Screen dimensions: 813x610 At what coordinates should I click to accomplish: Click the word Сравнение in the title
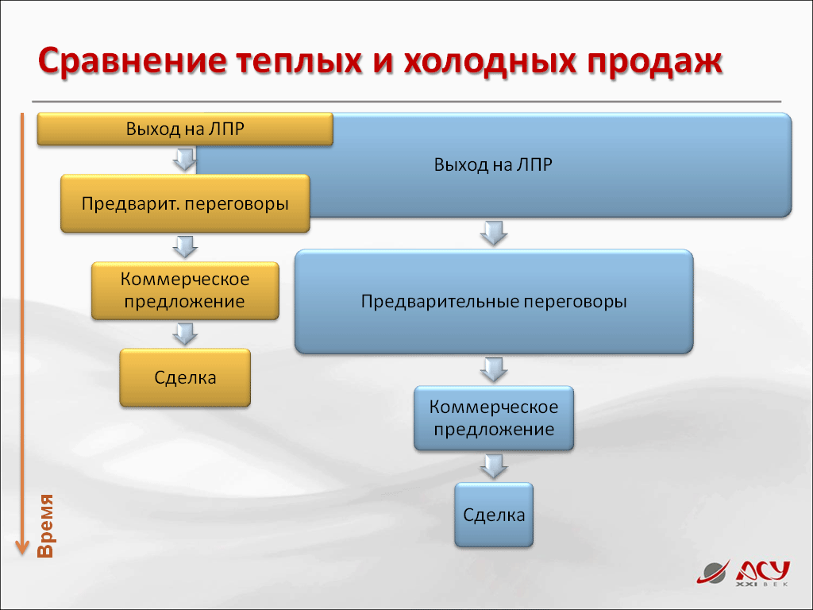pyautogui.click(x=133, y=60)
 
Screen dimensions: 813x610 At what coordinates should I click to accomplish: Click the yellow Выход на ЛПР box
pyautogui.click(x=185, y=129)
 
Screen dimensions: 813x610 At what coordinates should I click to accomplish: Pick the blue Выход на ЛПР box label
pyautogui.click(x=493, y=164)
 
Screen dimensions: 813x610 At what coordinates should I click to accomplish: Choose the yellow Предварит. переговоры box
pyautogui.click(x=185, y=203)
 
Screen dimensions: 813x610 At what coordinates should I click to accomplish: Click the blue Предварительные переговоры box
pyautogui.click(x=494, y=301)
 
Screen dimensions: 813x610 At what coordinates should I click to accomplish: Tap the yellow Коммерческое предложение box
pyautogui.click(x=185, y=291)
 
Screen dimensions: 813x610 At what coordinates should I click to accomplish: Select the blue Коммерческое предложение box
pyautogui.click(x=494, y=418)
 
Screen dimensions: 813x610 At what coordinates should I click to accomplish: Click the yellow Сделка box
pyautogui.click(x=185, y=377)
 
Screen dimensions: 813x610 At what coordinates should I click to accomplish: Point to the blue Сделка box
pyautogui.click(x=494, y=515)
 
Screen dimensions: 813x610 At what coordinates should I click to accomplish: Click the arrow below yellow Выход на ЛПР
pyautogui.click(x=185, y=160)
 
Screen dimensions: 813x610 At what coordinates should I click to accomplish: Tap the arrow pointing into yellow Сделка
pyautogui.click(x=185, y=334)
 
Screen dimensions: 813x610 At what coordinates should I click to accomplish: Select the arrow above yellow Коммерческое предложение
pyautogui.click(x=185, y=247)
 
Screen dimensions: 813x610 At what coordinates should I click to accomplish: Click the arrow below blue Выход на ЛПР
pyautogui.click(x=494, y=233)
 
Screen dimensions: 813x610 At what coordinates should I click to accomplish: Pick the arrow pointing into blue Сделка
pyautogui.click(x=494, y=466)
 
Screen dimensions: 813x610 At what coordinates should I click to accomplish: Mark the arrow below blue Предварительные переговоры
pyautogui.click(x=494, y=369)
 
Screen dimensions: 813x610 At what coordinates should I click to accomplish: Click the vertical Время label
pyautogui.click(x=45, y=526)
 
